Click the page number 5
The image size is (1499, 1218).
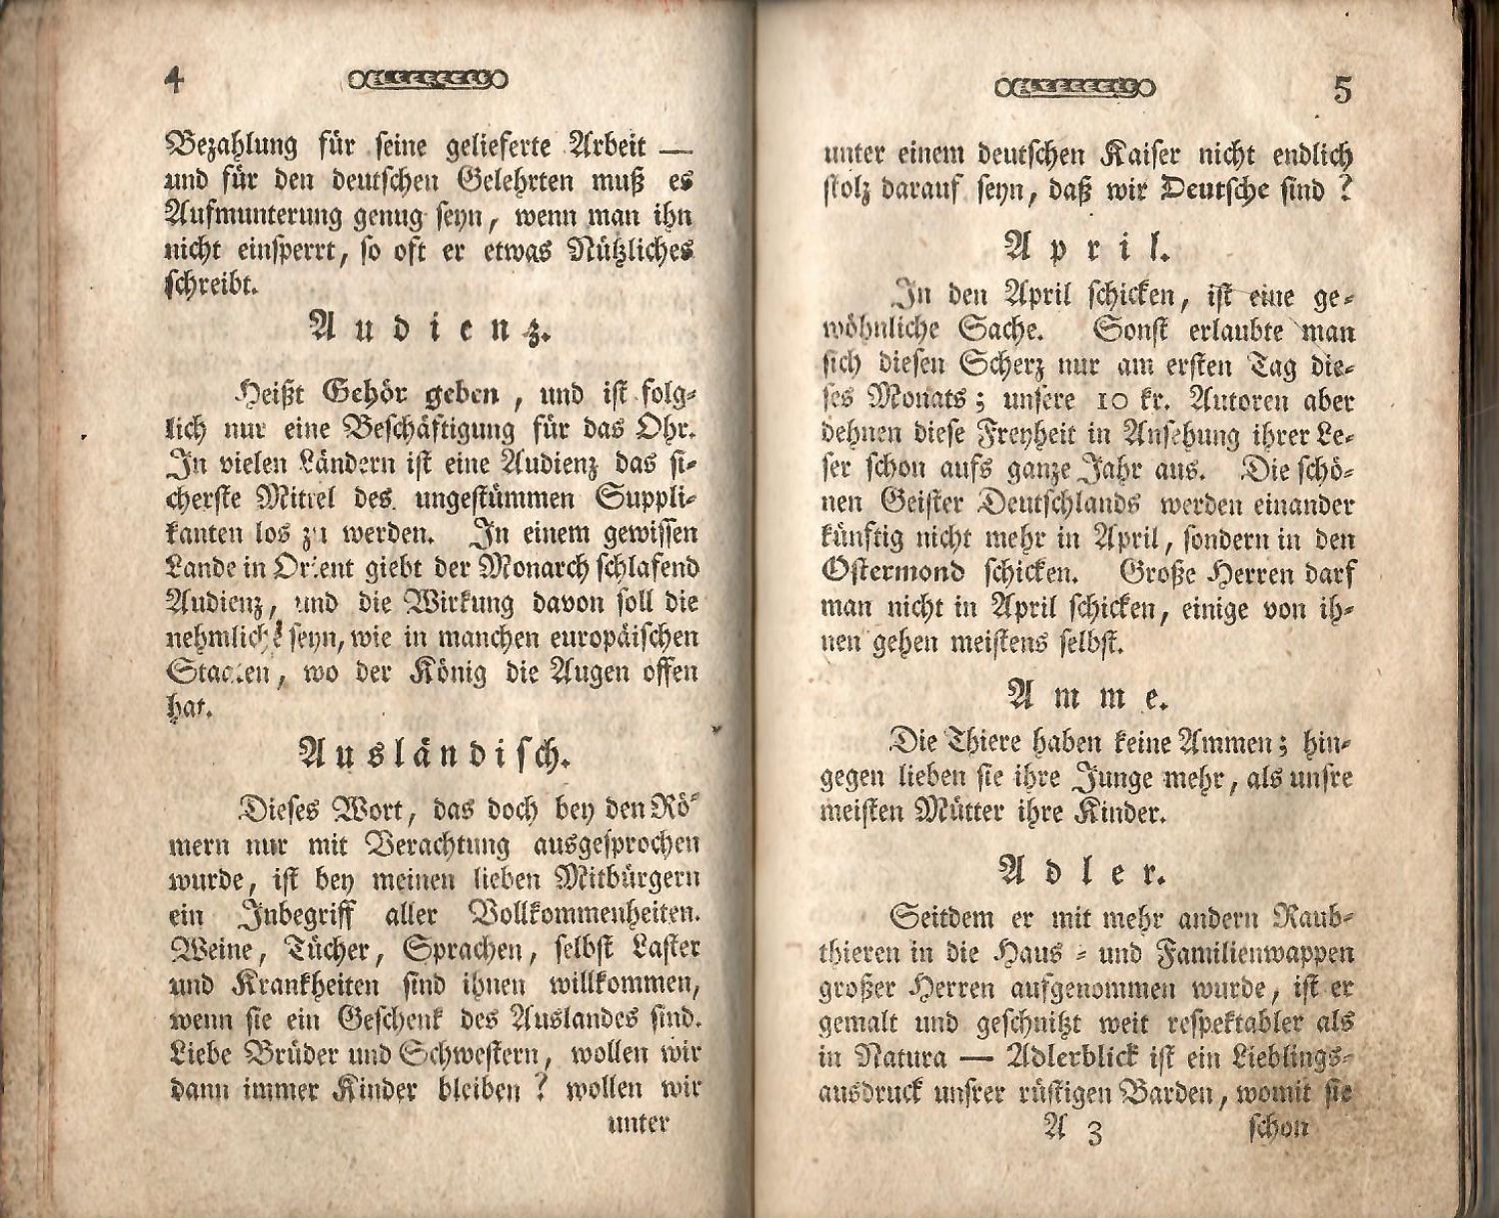(x=1342, y=91)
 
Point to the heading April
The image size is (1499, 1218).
(x=1086, y=247)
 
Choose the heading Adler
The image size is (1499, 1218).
(x=1084, y=872)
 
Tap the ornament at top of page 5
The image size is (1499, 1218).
(x=1074, y=88)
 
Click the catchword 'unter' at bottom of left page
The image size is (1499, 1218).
(x=638, y=1122)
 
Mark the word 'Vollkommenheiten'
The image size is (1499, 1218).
(x=584, y=915)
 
